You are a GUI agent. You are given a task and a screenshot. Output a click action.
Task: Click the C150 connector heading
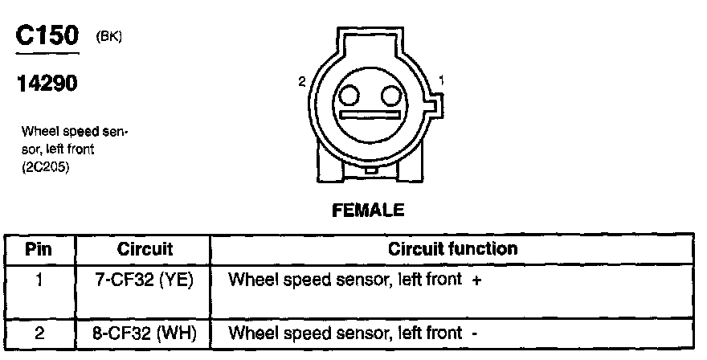[47, 36]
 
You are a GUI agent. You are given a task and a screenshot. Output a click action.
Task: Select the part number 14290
[47, 84]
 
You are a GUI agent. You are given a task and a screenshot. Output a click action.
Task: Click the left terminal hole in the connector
[349, 97]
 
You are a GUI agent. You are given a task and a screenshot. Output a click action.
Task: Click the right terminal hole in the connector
[390, 97]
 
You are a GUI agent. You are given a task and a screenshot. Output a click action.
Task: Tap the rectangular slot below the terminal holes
[370, 116]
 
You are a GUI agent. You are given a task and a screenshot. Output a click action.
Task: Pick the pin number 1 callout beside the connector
[441, 80]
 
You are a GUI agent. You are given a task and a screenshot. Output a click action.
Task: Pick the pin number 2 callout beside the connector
[301, 80]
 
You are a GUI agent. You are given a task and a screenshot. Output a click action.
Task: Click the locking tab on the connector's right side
[434, 104]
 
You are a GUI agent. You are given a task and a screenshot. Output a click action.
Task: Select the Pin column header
[39, 248]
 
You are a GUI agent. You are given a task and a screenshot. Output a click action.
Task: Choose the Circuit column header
[145, 248]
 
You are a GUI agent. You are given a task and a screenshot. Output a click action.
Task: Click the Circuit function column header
[452, 248]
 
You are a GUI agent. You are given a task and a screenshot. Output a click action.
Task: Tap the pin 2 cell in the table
[39, 333]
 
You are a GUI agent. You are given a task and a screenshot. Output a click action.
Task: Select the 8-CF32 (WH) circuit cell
[145, 333]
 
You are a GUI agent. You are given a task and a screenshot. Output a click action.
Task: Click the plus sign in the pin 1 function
[476, 280]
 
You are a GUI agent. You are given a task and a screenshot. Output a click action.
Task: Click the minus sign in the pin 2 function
[476, 333]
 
